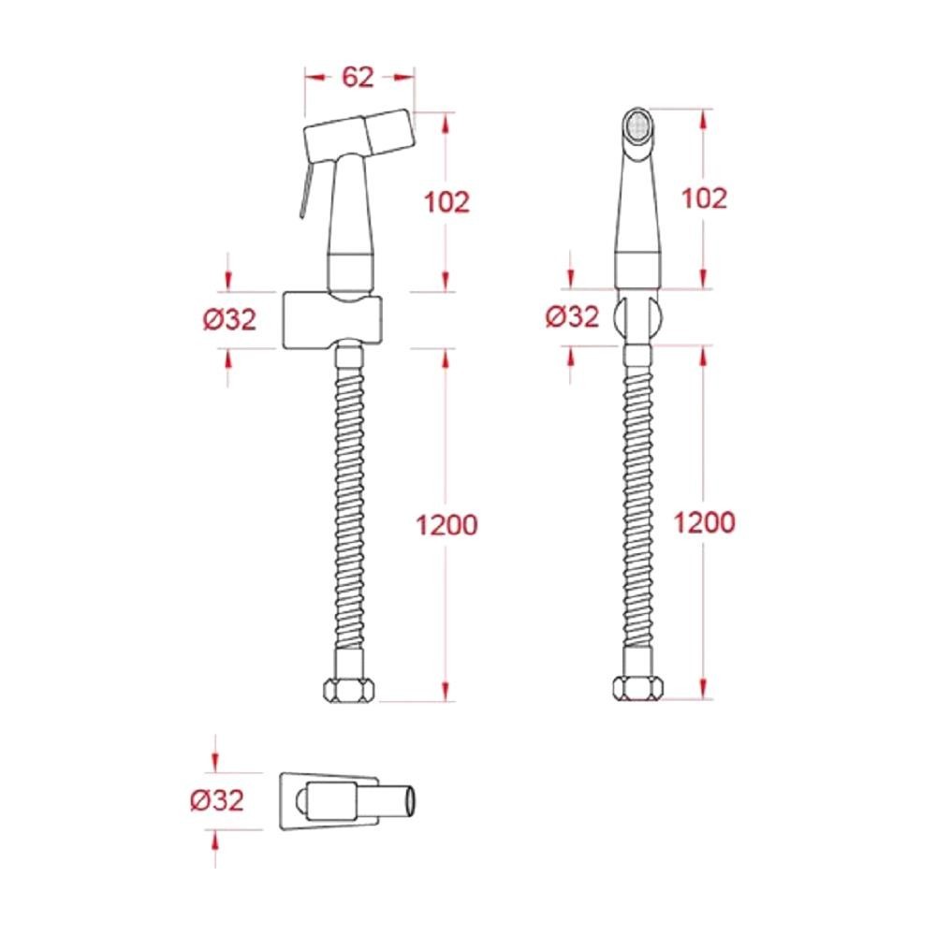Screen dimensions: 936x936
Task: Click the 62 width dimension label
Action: point(358,77)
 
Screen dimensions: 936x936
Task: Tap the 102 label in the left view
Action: point(446,202)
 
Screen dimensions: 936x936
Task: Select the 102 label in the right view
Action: point(705,198)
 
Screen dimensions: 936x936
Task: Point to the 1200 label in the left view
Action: point(446,525)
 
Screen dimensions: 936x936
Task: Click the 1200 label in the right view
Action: point(705,522)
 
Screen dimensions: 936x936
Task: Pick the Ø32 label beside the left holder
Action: point(230,319)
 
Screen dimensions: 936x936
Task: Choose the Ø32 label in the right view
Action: point(573,316)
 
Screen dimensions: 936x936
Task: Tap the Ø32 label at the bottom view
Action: point(217,800)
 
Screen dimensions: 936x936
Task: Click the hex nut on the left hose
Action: point(349,690)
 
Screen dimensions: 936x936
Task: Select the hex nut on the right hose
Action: point(638,688)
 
